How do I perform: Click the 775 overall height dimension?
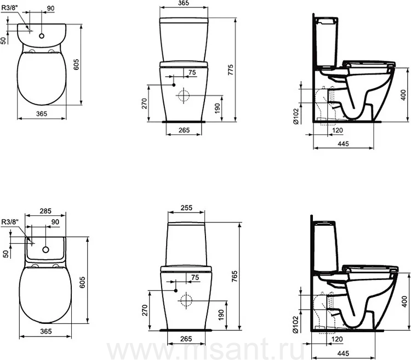(x=230, y=70)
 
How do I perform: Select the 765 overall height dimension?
(x=235, y=276)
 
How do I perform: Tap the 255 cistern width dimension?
(x=186, y=208)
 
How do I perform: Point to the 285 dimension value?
(x=45, y=211)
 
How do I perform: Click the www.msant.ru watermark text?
(x=206, y=349)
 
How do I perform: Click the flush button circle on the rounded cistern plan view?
(x=42, y=36)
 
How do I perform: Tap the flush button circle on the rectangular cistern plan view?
(x=46, y=250)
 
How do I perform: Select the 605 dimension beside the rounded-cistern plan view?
(x=76, y=65)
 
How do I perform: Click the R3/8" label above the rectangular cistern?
(x=10, y=222)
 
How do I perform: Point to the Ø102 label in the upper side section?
(x=296, y=116)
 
